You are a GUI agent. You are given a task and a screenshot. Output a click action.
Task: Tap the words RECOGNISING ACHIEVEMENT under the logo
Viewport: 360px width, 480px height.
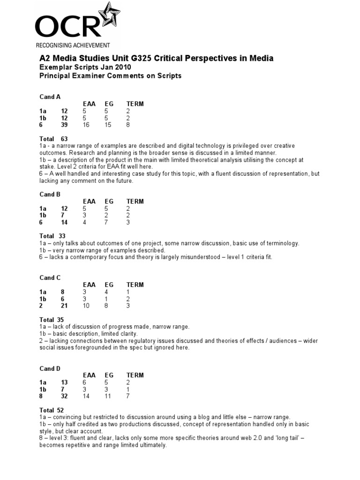(x=73, y=45)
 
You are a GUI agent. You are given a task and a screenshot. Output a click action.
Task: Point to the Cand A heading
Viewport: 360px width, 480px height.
(x=50, y=97)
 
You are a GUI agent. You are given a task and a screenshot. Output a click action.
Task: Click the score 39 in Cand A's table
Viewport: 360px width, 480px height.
(x=64, y=125)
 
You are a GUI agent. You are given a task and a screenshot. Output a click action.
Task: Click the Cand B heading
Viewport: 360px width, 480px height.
(x=50, y=195)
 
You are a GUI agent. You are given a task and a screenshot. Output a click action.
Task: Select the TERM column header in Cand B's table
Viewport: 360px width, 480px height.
(x=135, y=202)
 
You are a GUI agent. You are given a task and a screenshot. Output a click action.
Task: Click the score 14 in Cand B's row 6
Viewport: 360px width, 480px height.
(x=64, y=223)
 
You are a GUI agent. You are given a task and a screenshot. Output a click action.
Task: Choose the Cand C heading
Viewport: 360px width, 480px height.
(x=50, y=278)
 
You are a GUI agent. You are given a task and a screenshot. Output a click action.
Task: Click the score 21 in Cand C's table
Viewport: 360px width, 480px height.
(x=64, y=306)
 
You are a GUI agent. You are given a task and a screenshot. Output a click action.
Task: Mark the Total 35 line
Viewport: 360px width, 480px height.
(x=52, y=320)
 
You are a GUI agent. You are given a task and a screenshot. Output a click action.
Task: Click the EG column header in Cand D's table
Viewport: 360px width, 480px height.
(x=109, y=375)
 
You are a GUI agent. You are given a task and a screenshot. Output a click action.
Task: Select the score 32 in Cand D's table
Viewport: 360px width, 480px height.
(x=64, y=397)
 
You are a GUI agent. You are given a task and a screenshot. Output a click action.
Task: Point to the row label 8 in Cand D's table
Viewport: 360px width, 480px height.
(x=41, y=397)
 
